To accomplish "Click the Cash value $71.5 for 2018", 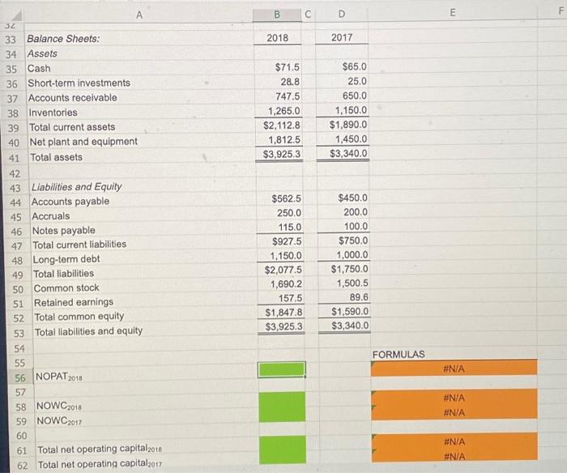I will point(287,67).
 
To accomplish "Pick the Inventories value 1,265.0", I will point(283,111).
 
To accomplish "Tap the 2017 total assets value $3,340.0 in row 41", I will point(349,154).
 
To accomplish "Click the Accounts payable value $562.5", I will point(286,198).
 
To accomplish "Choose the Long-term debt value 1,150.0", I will point(285,256).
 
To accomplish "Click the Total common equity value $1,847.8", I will point(283,312).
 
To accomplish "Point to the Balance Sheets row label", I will point(64,39).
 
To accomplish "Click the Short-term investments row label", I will point(79,83).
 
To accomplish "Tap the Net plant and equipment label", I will point(83,141).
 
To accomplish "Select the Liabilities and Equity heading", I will point(76,186).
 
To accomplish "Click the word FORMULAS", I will point(399,354).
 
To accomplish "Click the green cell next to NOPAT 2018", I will point(282,369).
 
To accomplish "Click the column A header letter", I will point(139,14).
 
